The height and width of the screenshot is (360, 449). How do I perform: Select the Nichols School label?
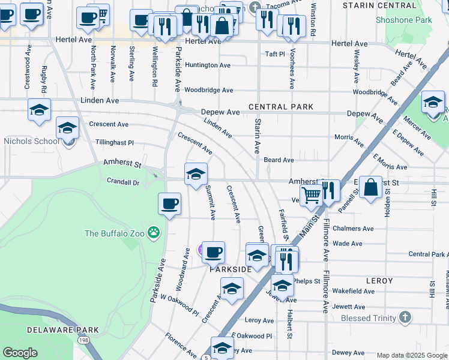[x=31, y=142]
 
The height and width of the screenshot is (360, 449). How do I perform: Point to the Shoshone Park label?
[x=403, y=20]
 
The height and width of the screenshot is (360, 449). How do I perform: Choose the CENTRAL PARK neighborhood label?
[x=281, y=107]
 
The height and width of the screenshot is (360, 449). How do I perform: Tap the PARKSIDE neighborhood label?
[x=230, y=269]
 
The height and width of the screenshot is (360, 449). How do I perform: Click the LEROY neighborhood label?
[x=379, y=281]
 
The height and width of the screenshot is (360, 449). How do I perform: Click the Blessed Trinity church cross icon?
[x=405, y=317]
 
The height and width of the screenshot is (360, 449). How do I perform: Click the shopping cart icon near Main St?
[x=310, y=194]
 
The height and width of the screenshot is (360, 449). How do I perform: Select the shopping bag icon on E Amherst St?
[x=371, y=186]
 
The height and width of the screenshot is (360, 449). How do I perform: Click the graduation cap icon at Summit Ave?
[x=196, y=174]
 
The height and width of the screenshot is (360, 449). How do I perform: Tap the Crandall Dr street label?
[x=122, y=181]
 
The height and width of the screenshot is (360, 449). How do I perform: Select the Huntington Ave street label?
[x=208, y=65]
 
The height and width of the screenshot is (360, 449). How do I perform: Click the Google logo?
[x=20, y=353]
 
